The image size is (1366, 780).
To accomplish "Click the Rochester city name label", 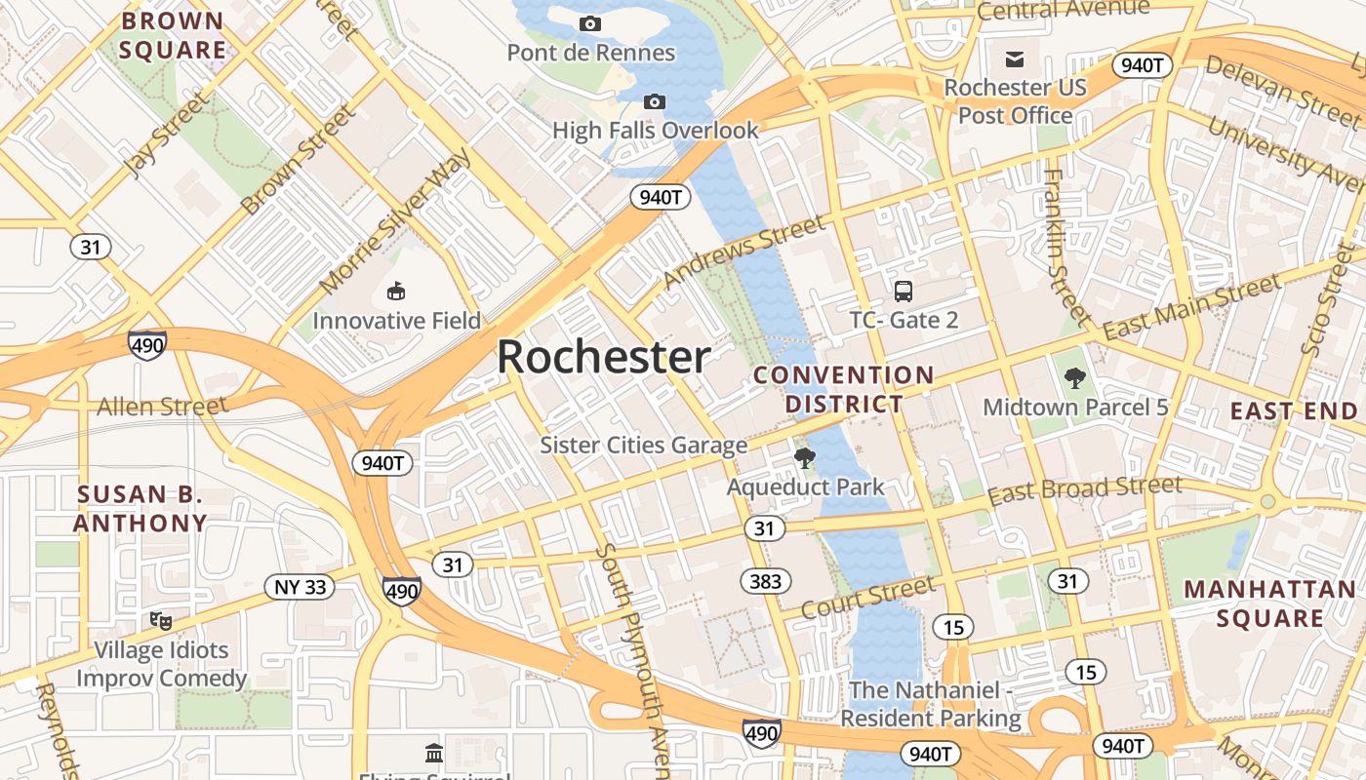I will coord(604,358).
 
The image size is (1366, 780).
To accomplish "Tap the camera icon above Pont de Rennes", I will coord(590,24).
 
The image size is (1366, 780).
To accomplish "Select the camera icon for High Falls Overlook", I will coord(655,101).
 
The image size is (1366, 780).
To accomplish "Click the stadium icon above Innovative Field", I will coord(396,291).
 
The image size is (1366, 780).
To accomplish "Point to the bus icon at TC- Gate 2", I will coord(904,291).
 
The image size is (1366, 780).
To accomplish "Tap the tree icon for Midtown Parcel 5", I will coord(1074,377).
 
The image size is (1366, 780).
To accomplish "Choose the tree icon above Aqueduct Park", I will coord(804,457).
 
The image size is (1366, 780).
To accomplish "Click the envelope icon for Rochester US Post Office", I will coord(1015,59).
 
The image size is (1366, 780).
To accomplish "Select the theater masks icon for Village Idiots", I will coord(161,620).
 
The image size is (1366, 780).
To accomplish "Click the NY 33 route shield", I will coord(300,587).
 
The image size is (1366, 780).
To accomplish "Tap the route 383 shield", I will coord(766,582).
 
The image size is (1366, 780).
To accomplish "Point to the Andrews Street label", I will coord(743,252).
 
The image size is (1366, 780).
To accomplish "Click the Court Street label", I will coord(867,598).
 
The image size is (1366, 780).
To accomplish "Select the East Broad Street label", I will coord(1085,490).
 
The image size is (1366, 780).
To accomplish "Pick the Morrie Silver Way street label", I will coord(395,221).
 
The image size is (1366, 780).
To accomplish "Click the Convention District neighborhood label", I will coord(844,389).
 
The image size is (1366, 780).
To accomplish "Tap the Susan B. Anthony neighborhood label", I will coord(141,508).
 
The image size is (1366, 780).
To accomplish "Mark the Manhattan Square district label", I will coord(1269,604).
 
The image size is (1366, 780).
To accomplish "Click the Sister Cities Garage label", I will coord(644,446).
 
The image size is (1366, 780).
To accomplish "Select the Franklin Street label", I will coord(1065,246).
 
